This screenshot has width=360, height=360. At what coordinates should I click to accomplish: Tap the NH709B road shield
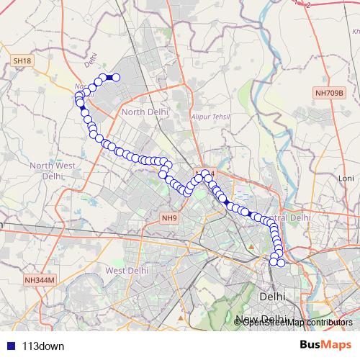(x=330, y=93)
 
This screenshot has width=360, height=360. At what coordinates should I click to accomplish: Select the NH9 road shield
(x=169, y=217)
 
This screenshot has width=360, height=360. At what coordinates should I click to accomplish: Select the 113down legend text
(x=44, y=346)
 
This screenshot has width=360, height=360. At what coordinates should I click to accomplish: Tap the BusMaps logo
(x=325, y=345)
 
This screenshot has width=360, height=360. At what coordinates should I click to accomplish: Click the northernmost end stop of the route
(x=116, y=78)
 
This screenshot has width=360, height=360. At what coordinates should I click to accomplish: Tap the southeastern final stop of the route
(x=282, y=263)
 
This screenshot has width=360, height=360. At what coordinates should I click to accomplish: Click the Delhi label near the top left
(x=90, y=63)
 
